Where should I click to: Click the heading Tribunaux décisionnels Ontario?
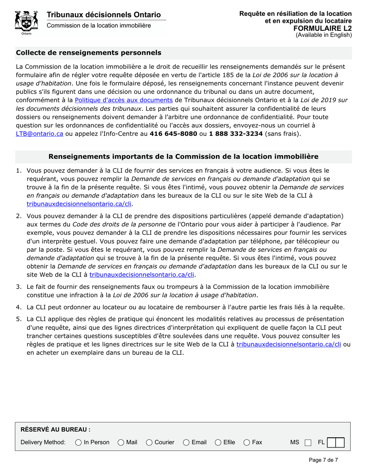[x=104, y=15]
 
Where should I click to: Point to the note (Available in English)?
[x=324, y=35]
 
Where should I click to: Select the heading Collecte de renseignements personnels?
[x=88, y=53]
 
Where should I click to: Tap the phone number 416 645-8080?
[x=173, y=134]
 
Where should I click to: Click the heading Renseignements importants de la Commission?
[x=183, y=156]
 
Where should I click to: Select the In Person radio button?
[x=78, y=442]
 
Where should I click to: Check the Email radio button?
[x=186, y=442]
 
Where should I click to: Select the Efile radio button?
[x=218, y=442]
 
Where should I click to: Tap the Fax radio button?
[x=246, y=442]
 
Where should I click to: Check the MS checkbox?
[x=308, y=442]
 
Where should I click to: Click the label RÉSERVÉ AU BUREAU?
[x=55, y=429]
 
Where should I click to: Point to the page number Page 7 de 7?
[x=323, y=460]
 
